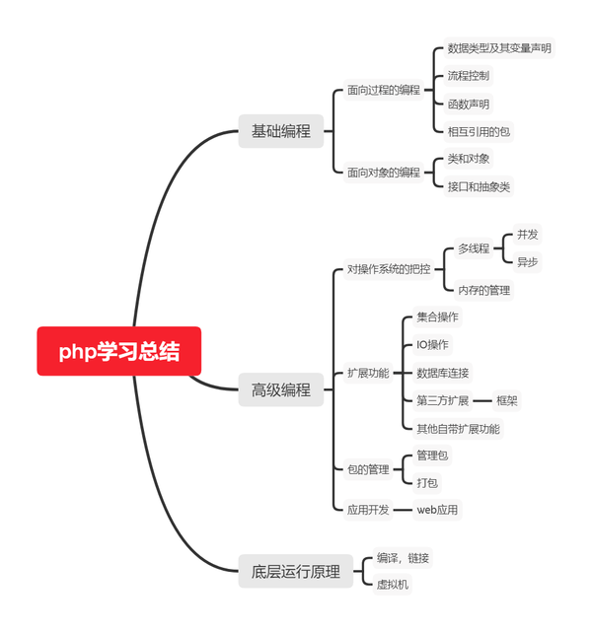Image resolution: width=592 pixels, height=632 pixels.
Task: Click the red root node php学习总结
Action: pyautogui.click(x=118, y=351)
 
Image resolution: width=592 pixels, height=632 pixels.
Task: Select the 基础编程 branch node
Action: pyautogui.click(x=280, y=131)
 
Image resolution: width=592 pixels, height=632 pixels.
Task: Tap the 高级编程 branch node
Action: pyautogui.click(x=280, y=390)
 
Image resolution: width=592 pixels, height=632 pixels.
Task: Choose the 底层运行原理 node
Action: pyautogui.click(x=295, y=571)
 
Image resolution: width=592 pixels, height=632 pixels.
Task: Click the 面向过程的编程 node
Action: pyautogui.click(x=383, y=90)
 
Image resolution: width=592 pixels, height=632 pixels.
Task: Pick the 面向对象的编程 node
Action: pyautogui.click(x=383, y=172)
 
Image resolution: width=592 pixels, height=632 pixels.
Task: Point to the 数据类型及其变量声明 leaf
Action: pyautogui.click(x=499, y=47)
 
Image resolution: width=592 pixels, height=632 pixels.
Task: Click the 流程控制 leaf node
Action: pyautogui.click(x=468, y=75)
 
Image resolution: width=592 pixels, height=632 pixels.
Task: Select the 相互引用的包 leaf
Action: pyautogui.click(x=479, y=131)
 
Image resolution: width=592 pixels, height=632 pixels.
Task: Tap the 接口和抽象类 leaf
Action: pyautogui.click(x=479, y=185)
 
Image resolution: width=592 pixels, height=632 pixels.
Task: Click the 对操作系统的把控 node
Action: pyautogui.click(x=389, y=268)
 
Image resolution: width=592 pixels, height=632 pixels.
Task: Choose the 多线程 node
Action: pyautogui.click(x=474, y=248)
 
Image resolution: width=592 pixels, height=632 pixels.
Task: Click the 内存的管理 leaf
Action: pyautogui.click(x=483, y=289)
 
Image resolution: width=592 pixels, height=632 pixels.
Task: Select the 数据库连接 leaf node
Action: pyautogui.click(x=443, y=373)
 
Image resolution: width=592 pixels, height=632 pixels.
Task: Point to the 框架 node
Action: pyautogui.click(x=507, y=400)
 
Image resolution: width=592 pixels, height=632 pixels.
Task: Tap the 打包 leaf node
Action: pyautogui.click(x=427, y=482)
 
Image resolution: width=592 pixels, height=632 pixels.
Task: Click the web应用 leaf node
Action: pyautogui.click(x=436, y=510)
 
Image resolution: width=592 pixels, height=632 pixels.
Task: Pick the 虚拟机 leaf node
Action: pyautogui.click(x=393, y=584)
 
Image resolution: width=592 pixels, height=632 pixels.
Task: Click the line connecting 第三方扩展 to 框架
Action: pyautogui.click(x=482, y=400)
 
